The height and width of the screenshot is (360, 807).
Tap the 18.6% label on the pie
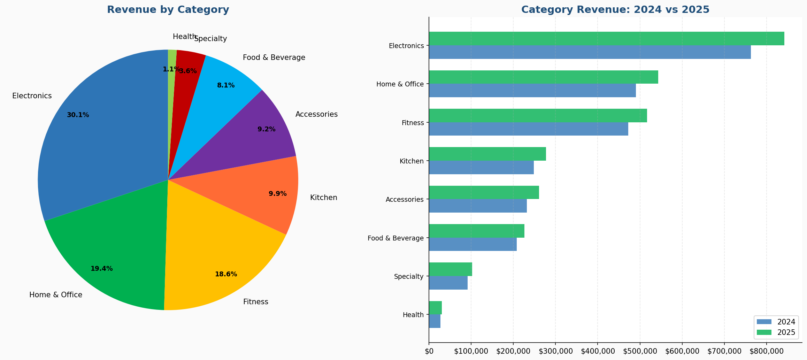tap(226, 274)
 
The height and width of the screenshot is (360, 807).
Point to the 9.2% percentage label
tap(266, 129)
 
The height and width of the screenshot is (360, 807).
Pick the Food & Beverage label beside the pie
tap(274, 58)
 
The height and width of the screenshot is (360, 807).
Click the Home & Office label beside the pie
tap(56, 295)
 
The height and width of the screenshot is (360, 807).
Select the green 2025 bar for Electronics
tap(606, 39)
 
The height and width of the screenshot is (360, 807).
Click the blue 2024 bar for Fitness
tap(528, 129)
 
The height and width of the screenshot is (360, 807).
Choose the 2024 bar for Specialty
tap(448, 283)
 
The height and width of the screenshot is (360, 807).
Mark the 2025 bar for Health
tap(435, 308)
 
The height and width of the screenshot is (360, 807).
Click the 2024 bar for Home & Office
tap(532, 91)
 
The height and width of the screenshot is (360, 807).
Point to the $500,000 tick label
tap(640, 351)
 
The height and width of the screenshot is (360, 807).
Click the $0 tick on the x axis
tap(429, 351)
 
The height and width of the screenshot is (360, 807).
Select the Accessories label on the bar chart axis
tap(405, 200)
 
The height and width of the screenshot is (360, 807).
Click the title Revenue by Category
tap(168, 10)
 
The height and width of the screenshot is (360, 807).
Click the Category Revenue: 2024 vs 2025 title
tap(615, 10)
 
